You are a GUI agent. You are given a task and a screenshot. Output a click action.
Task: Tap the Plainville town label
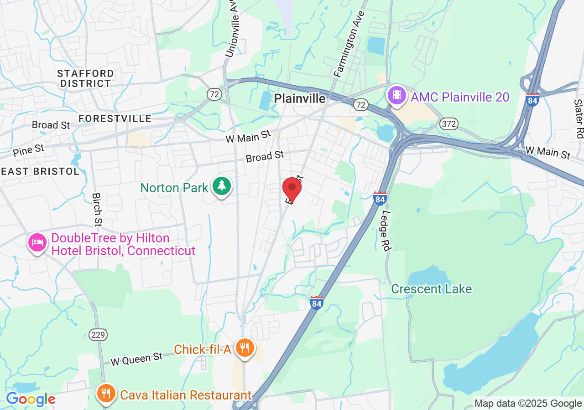[x=300, y=98]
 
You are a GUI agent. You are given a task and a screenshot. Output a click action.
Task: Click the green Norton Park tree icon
[x=222, y=186]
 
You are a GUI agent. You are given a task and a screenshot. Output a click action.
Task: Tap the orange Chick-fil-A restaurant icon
[x=245, y=348]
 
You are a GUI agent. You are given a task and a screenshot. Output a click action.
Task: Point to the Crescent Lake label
[x=431, y=289]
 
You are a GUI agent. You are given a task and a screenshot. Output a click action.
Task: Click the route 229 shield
[x=99, y=335]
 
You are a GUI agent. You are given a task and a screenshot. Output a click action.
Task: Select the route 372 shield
[x=449, y=123]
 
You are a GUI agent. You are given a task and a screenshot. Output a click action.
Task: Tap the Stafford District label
[x=86, y=78]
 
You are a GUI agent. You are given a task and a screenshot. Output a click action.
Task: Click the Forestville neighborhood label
[x=115, y=118]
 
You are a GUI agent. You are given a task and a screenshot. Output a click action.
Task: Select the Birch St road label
[x=97, y=209]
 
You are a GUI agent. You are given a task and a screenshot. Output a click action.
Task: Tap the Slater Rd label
[x=579, y=118]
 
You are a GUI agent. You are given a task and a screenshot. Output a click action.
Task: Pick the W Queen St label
[x=137, y=359]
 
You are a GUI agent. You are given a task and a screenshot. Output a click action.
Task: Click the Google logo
[x=31, y=400]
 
